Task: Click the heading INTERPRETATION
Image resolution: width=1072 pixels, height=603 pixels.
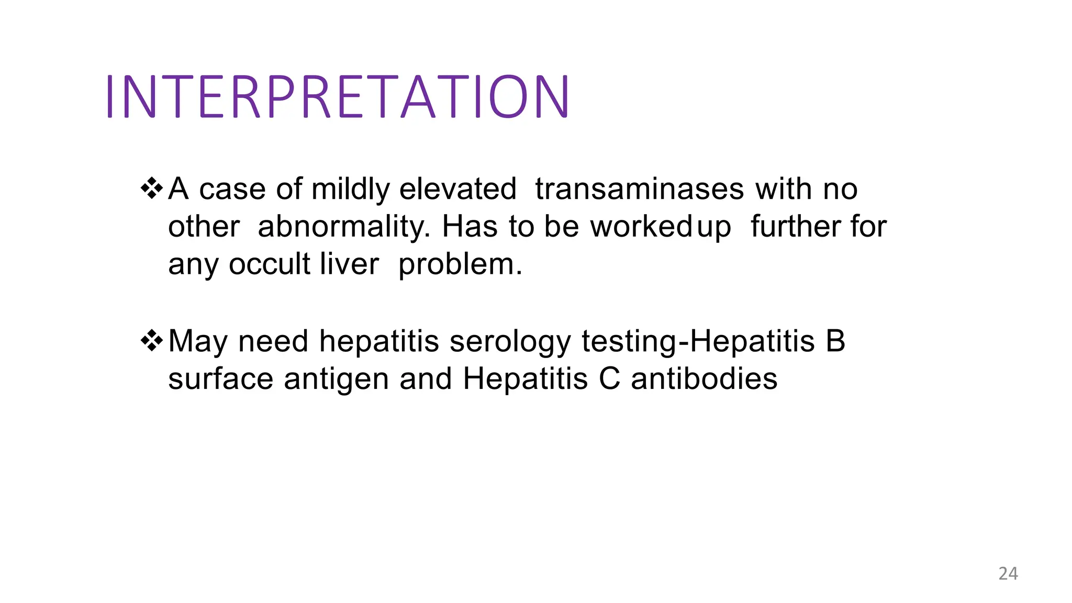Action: pyautogui.click(x=338, y=97)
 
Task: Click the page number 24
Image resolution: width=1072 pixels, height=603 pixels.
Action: pyautogui.click(x=1008, y=574)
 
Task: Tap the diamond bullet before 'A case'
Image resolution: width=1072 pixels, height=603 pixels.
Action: pyautogui.click(x=152, y=188)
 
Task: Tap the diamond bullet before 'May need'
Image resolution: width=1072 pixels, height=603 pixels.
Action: pyautogui.click(x=152, y=341)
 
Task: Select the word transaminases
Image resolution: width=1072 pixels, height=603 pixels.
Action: pyautogui.click(x=639, y=189)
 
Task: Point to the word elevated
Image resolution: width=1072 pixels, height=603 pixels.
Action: pyautogui.click(x=458, y=189)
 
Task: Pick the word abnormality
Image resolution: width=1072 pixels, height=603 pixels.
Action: pyautogui.click(x=344, y=227)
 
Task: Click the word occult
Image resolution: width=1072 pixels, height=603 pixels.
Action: pyautogui.click(x=270, y=264)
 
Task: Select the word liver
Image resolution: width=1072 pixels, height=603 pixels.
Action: pyautogui.click(x=349, y=264)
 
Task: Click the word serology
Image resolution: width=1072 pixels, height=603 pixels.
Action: pyautogui.click(x=510, y=342)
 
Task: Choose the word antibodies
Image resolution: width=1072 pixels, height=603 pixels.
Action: pyautogui.click(x=704, y=379)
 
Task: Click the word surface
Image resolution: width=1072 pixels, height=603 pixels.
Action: pyautogui.click(x=220, y=379)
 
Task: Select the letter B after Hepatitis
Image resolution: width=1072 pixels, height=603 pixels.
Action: pyautogui.click(x=835, y=341)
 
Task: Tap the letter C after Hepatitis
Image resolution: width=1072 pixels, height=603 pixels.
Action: pyautogui.click(x=609, y=379)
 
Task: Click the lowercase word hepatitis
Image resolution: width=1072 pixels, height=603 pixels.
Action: pyautogui.click(x=379, y=342)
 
